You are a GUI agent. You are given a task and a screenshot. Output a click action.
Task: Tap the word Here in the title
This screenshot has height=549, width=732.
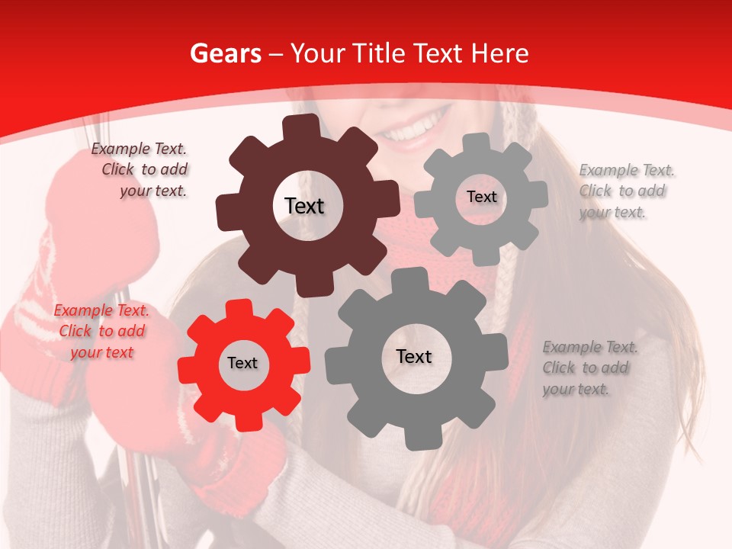(499, 53)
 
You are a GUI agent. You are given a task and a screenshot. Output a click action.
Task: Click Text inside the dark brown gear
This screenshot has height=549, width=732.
(304, 206)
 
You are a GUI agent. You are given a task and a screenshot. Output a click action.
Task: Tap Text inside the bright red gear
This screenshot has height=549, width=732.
(242, 364)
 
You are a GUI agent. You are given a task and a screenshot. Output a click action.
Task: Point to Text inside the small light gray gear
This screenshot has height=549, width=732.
(481, 197)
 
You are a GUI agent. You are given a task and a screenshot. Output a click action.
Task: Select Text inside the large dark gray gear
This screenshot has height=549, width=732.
(414, 356)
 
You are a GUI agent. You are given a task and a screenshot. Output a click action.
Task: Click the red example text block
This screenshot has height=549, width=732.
(101, 332)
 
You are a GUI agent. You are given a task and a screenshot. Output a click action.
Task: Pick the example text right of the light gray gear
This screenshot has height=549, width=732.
(625, 191)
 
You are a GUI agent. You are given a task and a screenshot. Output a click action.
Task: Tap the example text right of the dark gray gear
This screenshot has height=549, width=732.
(589, 368)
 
